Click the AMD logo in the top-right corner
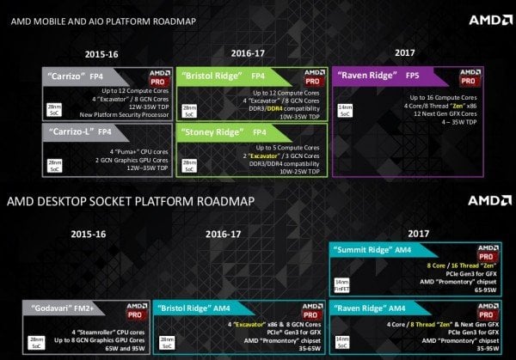[486, 19]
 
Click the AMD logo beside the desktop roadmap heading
[486, 202]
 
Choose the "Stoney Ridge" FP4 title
[228, 132]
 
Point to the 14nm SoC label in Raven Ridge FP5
[344, 109]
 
